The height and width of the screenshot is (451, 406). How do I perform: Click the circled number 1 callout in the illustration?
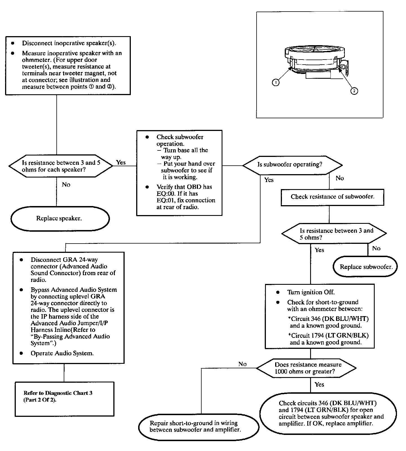(275, 82)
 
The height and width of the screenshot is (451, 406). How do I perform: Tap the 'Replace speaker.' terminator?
(60, 219)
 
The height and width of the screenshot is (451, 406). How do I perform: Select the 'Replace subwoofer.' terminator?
(365, 267)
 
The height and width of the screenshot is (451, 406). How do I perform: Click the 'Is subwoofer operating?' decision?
(292, 165)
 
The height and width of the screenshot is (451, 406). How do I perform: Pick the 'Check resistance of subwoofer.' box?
(332, 197)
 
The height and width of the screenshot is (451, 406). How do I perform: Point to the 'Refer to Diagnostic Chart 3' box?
(65, 399)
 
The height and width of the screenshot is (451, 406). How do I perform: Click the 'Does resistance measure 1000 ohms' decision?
(306, 368)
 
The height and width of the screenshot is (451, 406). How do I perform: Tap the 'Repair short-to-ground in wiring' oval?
(198, 426)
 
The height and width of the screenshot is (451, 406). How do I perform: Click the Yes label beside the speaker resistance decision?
(121, 162)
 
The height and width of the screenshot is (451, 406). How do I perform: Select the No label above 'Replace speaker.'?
(66, 185)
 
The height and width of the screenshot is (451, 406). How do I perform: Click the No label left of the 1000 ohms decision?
(242, 364)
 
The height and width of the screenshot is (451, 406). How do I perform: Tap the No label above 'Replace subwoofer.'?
(376, 248)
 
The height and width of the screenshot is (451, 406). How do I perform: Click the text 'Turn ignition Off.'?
(311, 292)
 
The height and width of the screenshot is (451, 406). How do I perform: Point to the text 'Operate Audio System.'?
(62, 353)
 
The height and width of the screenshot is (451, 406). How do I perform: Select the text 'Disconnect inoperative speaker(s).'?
(69, 43)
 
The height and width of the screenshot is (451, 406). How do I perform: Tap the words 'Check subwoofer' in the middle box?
(180, 137)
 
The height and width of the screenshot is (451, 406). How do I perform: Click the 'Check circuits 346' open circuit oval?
(328, 413)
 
